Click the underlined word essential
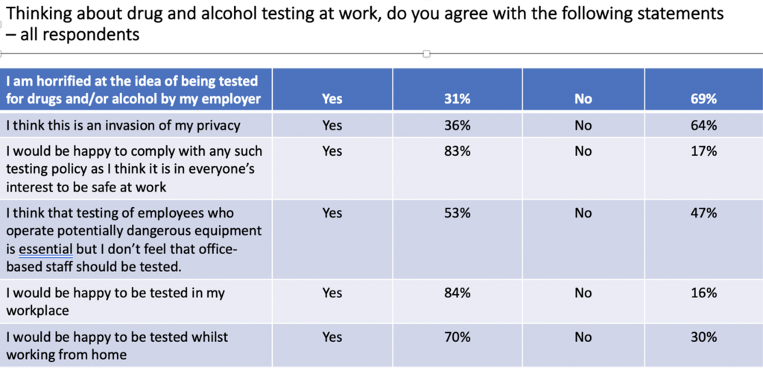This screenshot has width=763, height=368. click(x=45, y=249)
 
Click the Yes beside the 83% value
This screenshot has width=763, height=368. click(x=332, y=151)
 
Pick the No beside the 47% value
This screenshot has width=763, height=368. click(x=583, y=213)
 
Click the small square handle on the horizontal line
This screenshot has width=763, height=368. click(x=426, y=54)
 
